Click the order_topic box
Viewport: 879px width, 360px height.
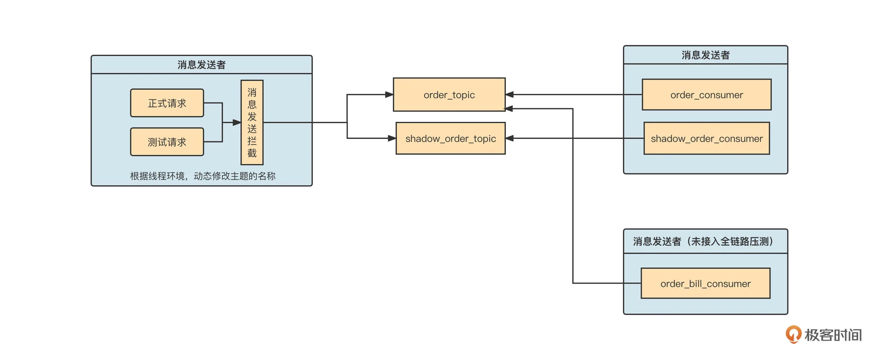pyautogui.click(x=449, y=95)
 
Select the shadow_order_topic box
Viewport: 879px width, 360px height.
pyautogui.click(x=450, y=138)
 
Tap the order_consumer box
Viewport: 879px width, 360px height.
pyautogui.click(x=706, y=95)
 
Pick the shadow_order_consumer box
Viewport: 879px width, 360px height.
pyautogui.click(x=706, y=138)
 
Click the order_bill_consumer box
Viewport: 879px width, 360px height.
pyautogui.click(x=705, y=284)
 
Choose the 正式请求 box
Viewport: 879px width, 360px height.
pyautogui.click(x=167, y=103)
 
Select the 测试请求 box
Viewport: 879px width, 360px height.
pyautogui.click(x=167, y=142)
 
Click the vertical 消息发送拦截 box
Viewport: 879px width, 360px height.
pyautogui.click(x=252, y=122)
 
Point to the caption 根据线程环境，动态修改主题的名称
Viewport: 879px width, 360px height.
pyautogui.click(x=202, y=176)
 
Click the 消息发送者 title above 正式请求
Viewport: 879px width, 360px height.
pyautogui.click(x=201, y=65)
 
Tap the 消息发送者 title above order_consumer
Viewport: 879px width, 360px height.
pyautogui.click(x=705, y=55)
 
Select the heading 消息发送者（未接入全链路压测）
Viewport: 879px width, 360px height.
pyautogui.click(x=705, y=241)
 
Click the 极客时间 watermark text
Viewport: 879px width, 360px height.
pyautogui.click(x=833, y=335)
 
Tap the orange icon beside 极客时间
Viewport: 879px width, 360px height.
pyautogui.click(x=793, y=334)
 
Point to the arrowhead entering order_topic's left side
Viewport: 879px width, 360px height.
pyautogui.click(x=389, y=95)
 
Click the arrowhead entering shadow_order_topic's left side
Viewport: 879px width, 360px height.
pyautogui.click(x=392, y=138)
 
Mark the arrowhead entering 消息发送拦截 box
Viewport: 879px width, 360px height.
pyautogui.click(x=237, y=122)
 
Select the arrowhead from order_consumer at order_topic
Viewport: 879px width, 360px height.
pyautogui.click(x=510, y=95)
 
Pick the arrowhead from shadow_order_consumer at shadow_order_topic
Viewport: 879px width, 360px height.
pyautogui.click(x=510, y=138)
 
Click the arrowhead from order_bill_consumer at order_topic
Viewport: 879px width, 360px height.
pyautogui.click(x=509, y=109)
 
